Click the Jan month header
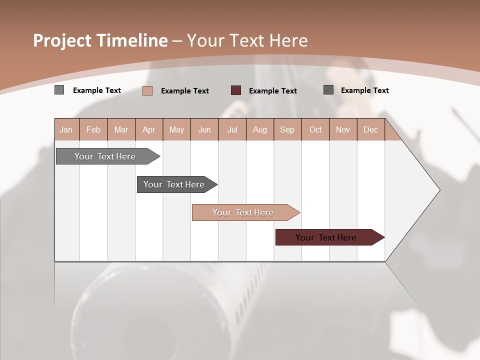pos(66,129)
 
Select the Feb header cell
pos(93,129)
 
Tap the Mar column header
pos(121,129)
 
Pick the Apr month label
pos(148,129)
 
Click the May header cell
pos(176,129)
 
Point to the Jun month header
pos(204,129)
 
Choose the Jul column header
pos(232,129)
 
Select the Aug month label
pos(260,129)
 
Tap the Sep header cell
pos(287,129)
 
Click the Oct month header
pos(315,129)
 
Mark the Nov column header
pos(343,129)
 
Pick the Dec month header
pos(370,129)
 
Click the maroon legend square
pos(236,90)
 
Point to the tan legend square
pos(147,90)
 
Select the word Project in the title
pos(62,40)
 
